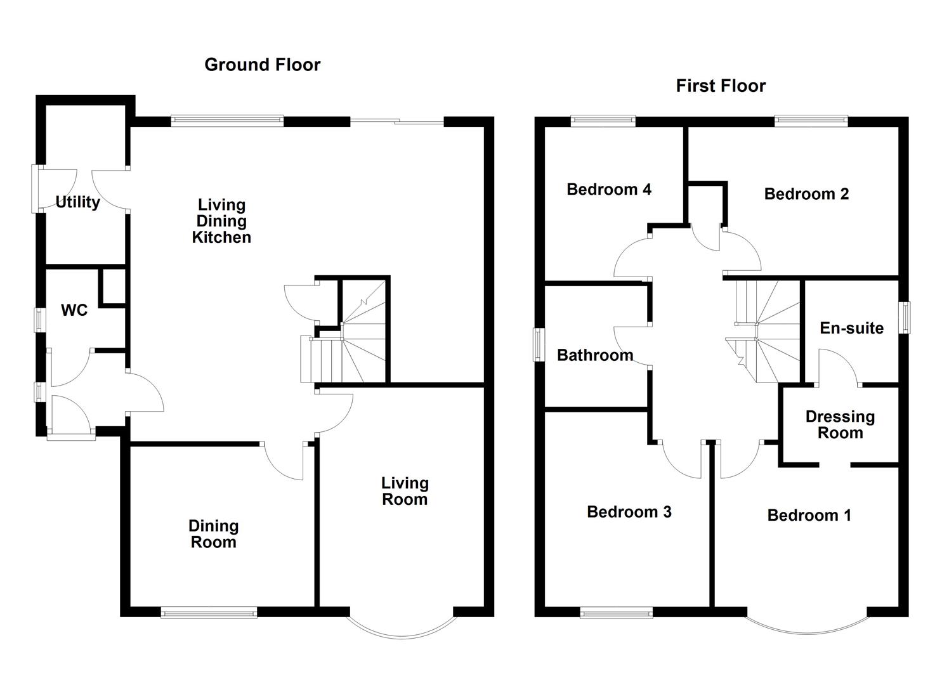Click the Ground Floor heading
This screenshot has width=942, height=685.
[x=263, y=65]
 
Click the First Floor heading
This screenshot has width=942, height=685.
[x=721, y=86]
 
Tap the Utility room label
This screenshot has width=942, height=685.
[x=78, y=202]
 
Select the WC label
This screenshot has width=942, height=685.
[x=74, y=310]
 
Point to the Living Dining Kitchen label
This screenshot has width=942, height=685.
[x=221, y=221]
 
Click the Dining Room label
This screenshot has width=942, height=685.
[x=214, y=533]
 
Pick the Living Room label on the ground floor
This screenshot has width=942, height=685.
[x=405, y=491]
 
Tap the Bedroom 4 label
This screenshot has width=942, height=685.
[x=609, y=190]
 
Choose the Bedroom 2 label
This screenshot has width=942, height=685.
[x=806, y=194]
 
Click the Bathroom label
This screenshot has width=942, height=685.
[x=595, y=355]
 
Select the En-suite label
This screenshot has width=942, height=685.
[x=851, y=328]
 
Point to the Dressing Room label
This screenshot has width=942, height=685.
[x=841, y=424]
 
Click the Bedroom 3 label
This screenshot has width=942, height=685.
[x=629, y=512]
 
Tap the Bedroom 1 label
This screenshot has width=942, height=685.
[x=809, y=515]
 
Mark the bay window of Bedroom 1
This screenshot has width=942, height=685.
[x=807, y=633]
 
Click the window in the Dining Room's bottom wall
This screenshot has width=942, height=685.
[x=209, y=612]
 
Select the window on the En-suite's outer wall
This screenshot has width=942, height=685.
[x=905, y=318]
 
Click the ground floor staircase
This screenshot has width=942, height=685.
[x=343, y=331]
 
